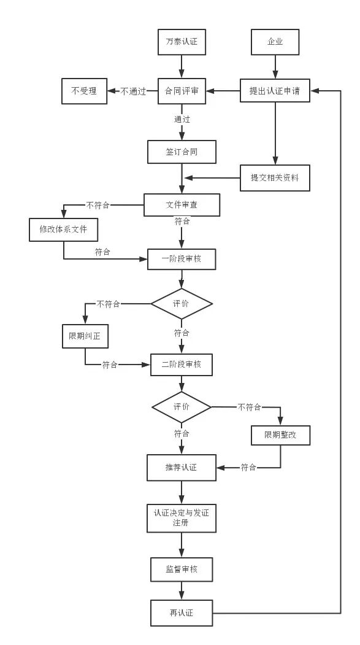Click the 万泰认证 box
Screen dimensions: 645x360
click(x=181, y=42)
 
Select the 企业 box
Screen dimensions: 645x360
click(x=275, y=42)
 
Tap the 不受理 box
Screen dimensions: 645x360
click(x=84, y=91)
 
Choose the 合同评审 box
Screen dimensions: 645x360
click(x=181, y=91)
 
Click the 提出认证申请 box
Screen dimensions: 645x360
click(x=275, y=91)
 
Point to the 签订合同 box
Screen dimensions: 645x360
click(x=182, y=152)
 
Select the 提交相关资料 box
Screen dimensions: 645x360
click(x=275, y=178)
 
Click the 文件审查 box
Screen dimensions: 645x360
click(x=182, y=205)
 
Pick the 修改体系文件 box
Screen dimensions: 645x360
click(x=64, y=230)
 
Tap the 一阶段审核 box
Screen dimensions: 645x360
click(x=182, y=259)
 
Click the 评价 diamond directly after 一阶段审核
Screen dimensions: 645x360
click(x=182, y=304)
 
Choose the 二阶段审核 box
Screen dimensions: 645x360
click(x=182, y=364)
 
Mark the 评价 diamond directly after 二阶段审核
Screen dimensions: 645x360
click(x=182, y=407)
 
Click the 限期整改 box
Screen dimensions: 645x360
click(x=281, y=435)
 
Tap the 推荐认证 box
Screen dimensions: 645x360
click(x=182, y=468)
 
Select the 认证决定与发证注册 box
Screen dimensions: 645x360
click(x=182, y=517)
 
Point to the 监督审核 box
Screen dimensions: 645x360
click(x=182, y=570)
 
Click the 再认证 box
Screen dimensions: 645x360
click(x=182, y=612)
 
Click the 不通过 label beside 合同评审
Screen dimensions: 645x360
click(x=133, y=91)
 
